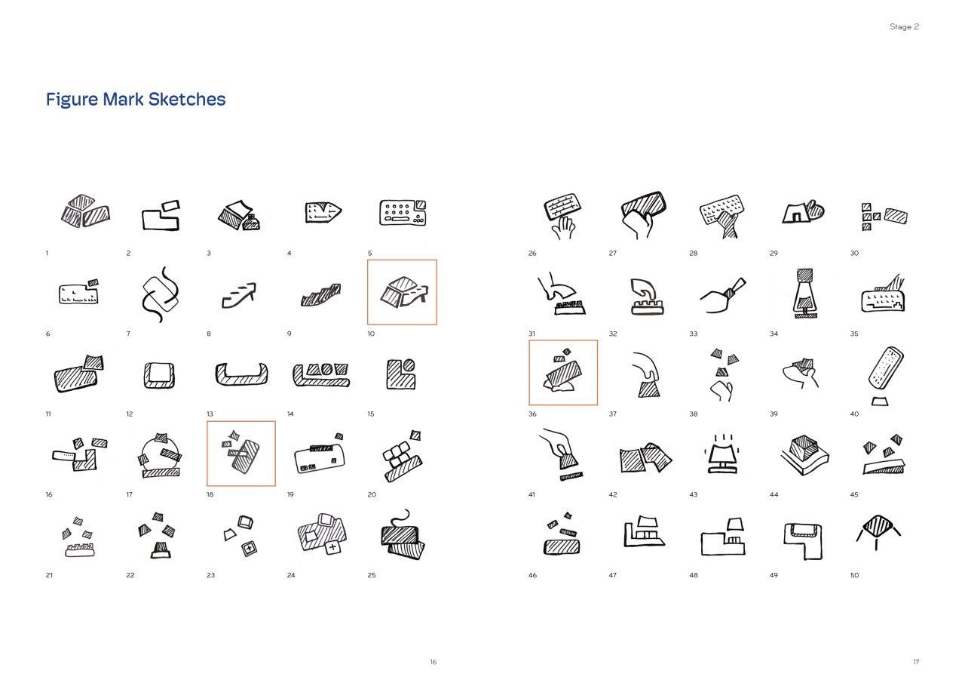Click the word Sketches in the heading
click(187, 99)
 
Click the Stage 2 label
click(904, 26)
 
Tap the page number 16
click(433, 661)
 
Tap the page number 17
click(916, 661)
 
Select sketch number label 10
click(371, 334)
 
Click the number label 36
click(532, 414)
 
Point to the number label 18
click(210, 494)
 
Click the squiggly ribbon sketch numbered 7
click(161, 294)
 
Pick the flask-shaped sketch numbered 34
click(804, 294)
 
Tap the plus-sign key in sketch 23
click(249, 549)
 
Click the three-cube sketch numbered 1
click(85, 211)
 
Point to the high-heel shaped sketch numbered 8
click(239, 295)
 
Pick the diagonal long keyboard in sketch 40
click(886, 368)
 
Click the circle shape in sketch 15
click(409, 365)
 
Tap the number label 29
click(774, 253)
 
